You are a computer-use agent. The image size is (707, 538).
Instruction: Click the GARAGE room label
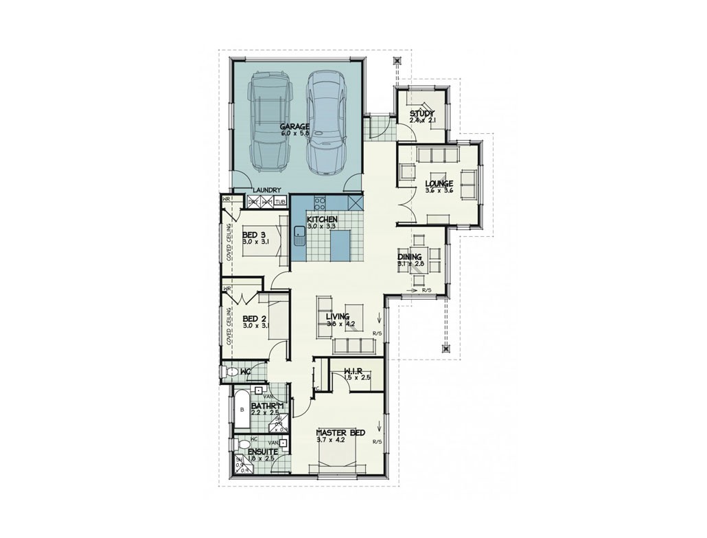294,127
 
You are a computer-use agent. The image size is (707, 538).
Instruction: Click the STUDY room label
422,113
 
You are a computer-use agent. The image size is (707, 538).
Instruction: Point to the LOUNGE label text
439,184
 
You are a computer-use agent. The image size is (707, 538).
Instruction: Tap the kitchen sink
299,235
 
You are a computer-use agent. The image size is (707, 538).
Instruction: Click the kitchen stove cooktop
319,203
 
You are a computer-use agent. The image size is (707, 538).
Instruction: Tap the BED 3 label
254,235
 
